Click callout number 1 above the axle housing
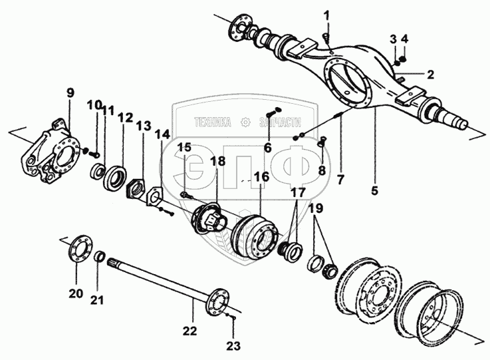pos(326,15)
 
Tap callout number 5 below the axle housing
pos(374,191)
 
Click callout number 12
pos(125,118)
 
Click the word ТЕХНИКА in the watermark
pos(212,122)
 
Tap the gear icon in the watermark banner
pos(246,122)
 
